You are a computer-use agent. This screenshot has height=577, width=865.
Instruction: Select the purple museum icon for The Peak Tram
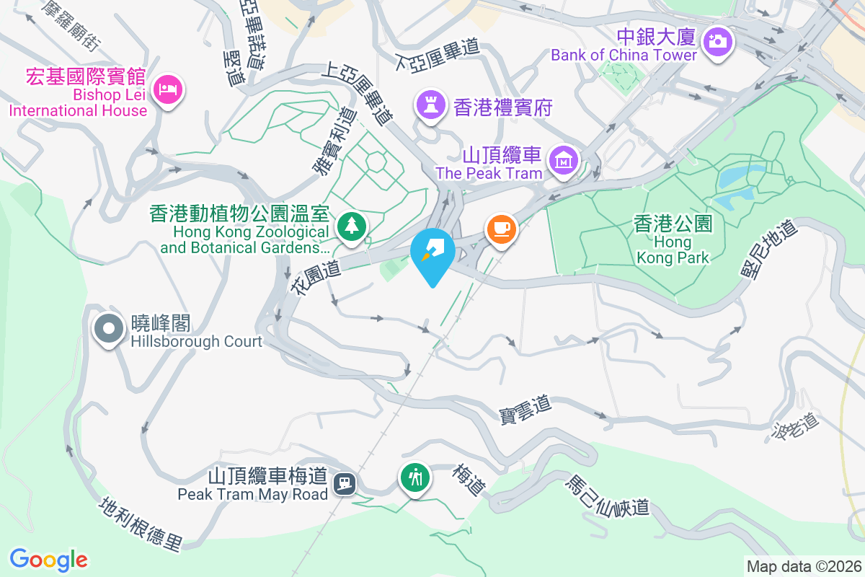563,159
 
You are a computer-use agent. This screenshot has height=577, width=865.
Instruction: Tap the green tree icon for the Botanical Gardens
351,225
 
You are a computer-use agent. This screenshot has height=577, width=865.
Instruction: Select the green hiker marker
415,477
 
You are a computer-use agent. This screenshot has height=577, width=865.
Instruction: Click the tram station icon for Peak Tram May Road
347,482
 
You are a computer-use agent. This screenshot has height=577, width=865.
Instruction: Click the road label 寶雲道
525,409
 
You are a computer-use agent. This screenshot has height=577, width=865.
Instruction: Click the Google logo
48,560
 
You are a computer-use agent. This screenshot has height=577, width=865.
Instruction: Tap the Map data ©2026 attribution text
804,566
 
